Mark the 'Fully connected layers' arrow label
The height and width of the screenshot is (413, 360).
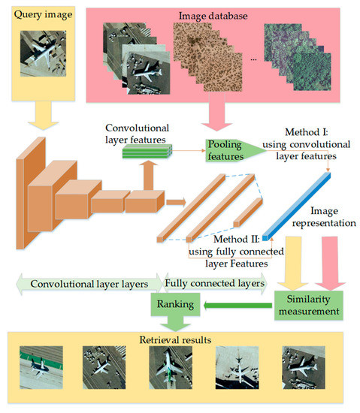pyautogui.click(x=215, y=284)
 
